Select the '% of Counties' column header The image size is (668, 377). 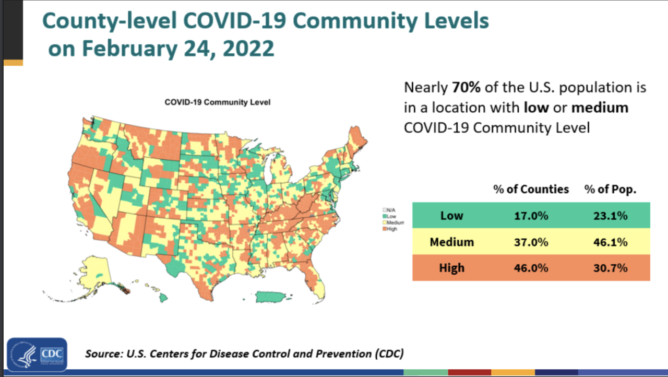[x=531, y=190]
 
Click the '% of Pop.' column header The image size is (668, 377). [x=610, y=190]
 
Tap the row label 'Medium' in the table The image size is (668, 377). [x=452, y=242]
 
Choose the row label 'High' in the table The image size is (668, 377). [x=452, y=268]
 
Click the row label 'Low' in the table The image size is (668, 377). [x=452, y=216]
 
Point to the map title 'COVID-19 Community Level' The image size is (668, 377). [x=218, y=102]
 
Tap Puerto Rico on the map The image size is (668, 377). [x=275, y=298]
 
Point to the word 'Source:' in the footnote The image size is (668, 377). [x=103, y=354]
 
